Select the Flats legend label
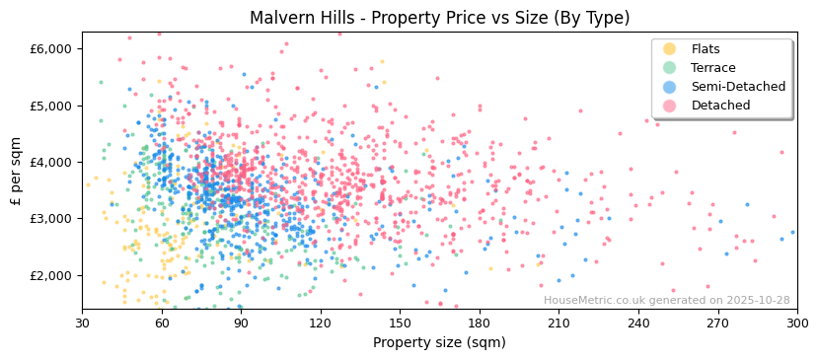[x=706, y=49]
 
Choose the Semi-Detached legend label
[x=738, y=87]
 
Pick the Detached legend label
[x=720, y=106]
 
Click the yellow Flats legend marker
[x=670, y=49]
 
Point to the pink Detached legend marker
[x=670, y=106]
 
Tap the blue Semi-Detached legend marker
[x=670, y=87]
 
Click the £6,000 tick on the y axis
[x=51, y=48]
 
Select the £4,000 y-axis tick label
[x=51, y=162]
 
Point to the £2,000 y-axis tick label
[x=51, y=275]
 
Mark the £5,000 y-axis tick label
[x=51, y=106]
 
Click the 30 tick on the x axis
[x=82, y=324]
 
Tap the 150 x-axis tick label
[x=400, y=324]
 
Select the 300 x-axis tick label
[x=796, y=324]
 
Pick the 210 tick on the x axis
[x=558, y=324]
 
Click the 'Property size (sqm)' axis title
[x=439, y=342]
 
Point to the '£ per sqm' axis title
[x=16, y=171]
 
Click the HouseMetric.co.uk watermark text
[x=666, y=301]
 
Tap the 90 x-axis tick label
[x=241, y=324]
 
